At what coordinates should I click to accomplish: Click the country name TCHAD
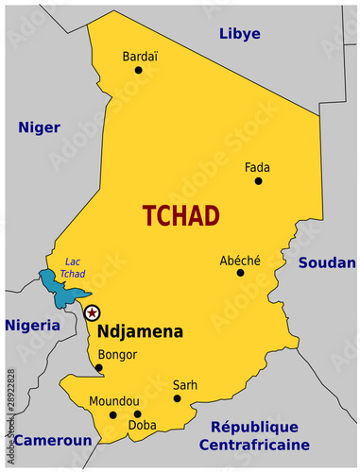click(x=180, y=215)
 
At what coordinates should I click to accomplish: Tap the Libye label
click(x=240, y=34)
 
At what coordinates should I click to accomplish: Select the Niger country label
click(x=40, y=127)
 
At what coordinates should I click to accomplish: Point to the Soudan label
click(x=327, y=262)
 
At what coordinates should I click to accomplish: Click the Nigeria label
click(x=31, y=325)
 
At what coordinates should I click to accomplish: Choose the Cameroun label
click(x=52, y=440)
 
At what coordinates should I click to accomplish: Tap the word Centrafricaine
click(x=253, y=445)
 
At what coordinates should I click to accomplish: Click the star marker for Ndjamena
click(x=92, y=312)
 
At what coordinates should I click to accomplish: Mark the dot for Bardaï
click(x=139, y=70)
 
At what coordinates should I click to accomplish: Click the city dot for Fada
click(x=258, y=180)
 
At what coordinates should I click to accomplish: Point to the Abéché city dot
click(x=240, y=273)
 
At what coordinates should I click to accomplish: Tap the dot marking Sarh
click(x=177, y=398)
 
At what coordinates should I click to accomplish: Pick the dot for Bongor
click(x=99, y=368)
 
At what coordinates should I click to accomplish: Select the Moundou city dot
click(x=113, y=414)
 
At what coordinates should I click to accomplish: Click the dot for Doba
click(x=137, y=414)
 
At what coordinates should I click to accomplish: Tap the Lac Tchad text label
click(x=73, y=268)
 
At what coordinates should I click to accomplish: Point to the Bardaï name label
click(x=140, y=57)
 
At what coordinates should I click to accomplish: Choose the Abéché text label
click(x=240, y=260)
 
